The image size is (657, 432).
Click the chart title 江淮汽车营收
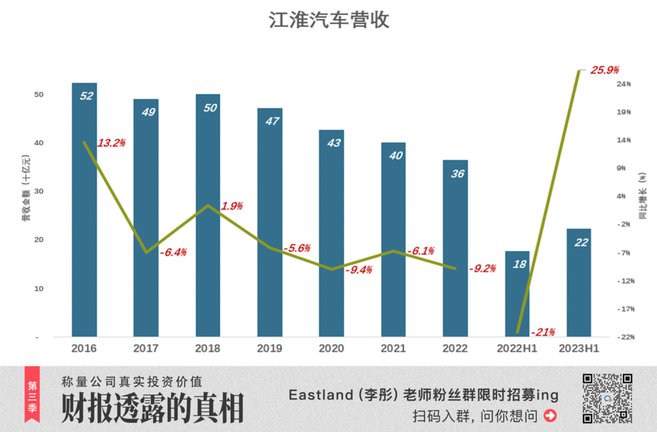[x=329, y=20]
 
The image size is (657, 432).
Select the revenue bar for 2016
[x=84, y=210]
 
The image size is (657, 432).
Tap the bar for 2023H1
[x=579, y=283]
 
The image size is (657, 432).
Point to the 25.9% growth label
[x=605, y=70]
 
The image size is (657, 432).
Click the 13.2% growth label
[x=111, y=143]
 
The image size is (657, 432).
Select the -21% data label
[x=543, y=331]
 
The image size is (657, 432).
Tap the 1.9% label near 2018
[x=232, y=206]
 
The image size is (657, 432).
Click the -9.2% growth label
[x=482, y=268]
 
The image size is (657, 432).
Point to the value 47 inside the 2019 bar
[x=269, y=122]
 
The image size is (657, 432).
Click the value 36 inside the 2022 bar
[x=455, y=174]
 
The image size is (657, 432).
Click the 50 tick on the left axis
[x=39, y=95]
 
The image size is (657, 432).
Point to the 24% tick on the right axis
[x=623, y=84]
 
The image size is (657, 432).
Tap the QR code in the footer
[x=608, y=398]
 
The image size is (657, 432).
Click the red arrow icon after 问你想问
[x=551, y=416]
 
